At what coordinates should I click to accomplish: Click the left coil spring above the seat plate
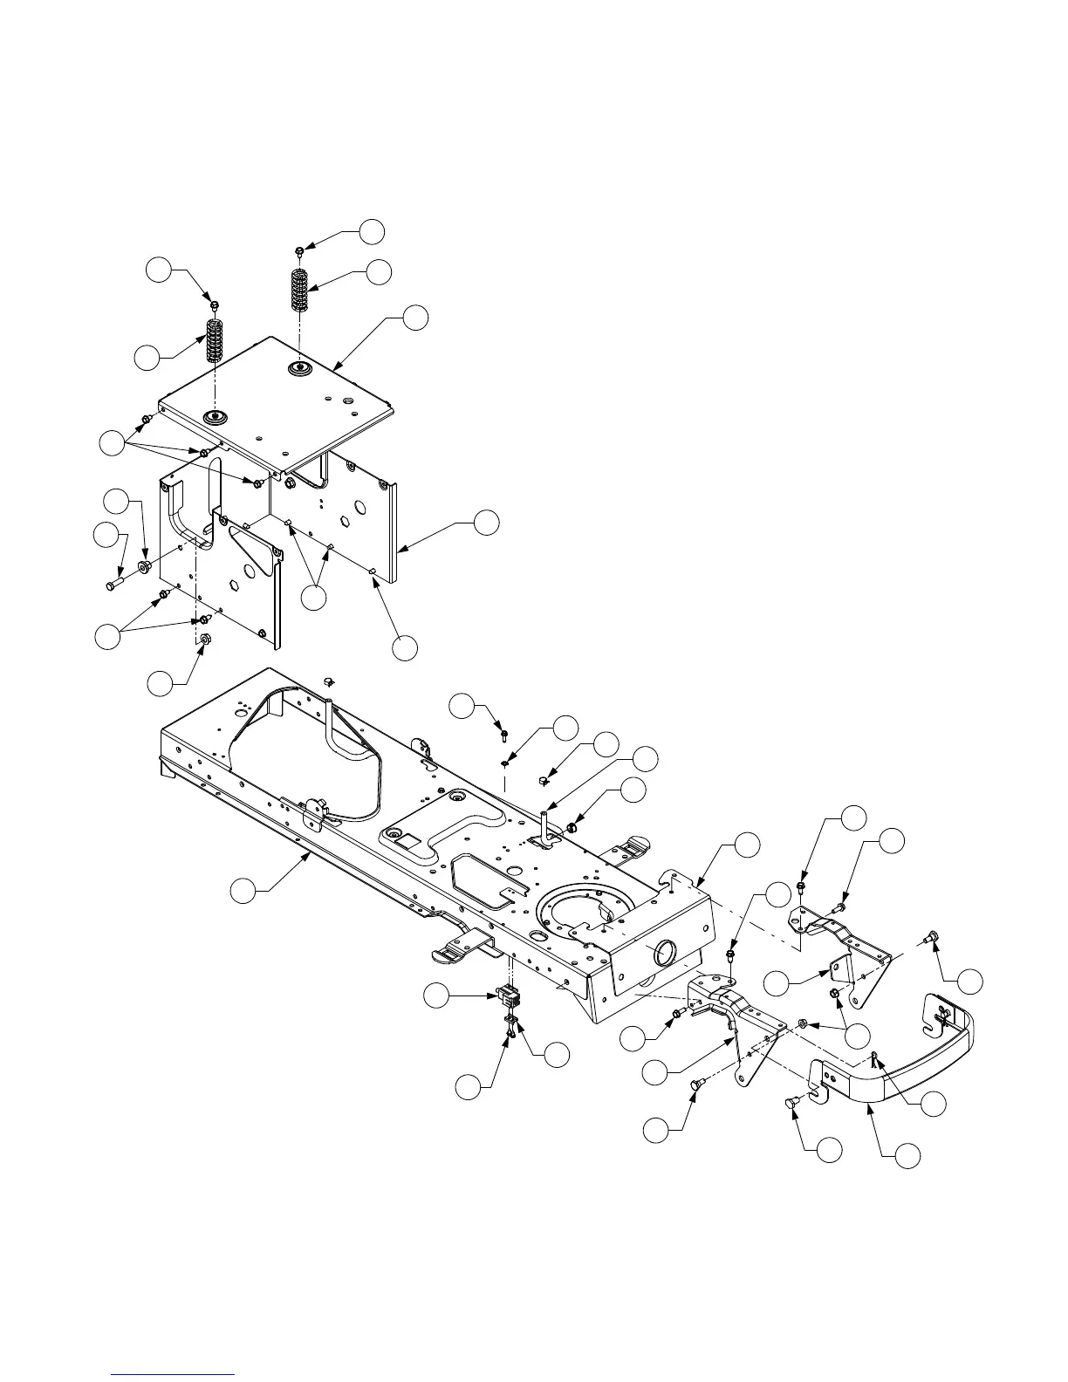click(214, 341)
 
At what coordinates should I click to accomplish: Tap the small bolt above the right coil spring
click(299, 251)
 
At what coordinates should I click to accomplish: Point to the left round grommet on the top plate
click(213, 415)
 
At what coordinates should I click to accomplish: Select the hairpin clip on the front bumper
click(874, 1060)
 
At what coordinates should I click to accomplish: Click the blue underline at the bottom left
click(174, 1373)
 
